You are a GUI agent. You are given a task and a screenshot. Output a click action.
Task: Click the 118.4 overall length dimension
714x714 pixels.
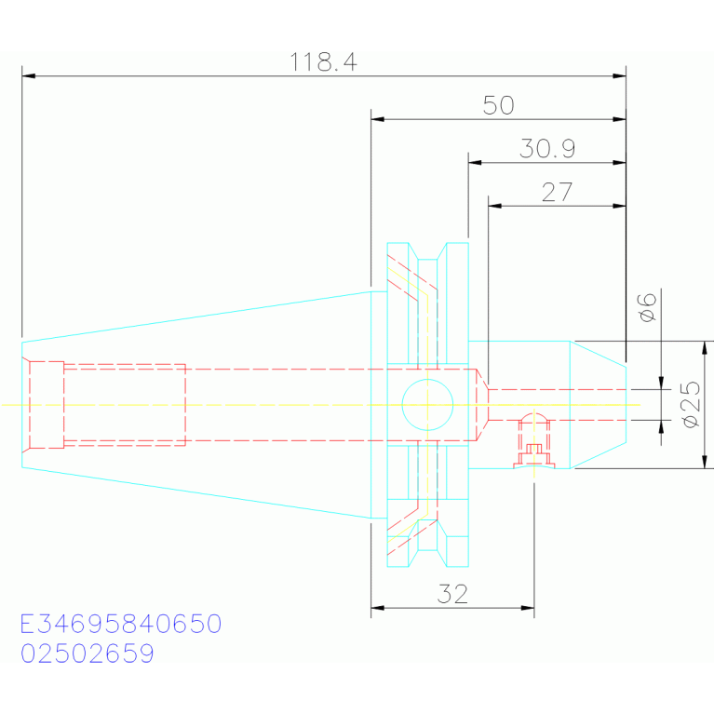pyautogui.click(x=323, y=62)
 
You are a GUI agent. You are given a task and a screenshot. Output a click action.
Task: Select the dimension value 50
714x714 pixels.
pyautogui.click(x=499, y=105)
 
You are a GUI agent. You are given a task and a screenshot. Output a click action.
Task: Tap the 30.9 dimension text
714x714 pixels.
pyautogui.click(x=547, y=148)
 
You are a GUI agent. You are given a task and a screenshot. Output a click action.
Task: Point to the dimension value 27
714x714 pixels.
pyautogui.click(x=557, y=192)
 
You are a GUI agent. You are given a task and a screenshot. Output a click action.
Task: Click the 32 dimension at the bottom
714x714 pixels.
pyautogui.click(x=452, y=594)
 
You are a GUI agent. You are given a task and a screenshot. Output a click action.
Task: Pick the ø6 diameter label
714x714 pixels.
pyautogui.click(x=648, y=307)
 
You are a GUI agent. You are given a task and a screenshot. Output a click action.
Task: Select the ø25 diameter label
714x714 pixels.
pyautogui.click(x=691, y=404)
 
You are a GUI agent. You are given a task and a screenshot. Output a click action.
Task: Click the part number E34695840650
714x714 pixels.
pyautogui.click(x=121, y=624)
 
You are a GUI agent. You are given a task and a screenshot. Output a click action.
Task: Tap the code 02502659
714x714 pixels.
pyautogui.click(x=88, y=653)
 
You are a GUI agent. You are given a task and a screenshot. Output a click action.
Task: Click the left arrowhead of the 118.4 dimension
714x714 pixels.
pyautogui.click(x=28, y=75)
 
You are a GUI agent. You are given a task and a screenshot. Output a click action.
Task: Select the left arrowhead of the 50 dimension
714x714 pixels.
pyautogui.click(x=378, y=119)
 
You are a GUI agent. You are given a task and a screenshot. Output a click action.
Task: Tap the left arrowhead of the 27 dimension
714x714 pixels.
pyautogui.click(x=494, y=206)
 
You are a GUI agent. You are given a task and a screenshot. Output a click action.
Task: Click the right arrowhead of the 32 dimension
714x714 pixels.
pyautogui.click(x=528, y=608)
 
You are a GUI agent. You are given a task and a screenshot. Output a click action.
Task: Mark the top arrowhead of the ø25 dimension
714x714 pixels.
pyautogui.click(x=705, y=347)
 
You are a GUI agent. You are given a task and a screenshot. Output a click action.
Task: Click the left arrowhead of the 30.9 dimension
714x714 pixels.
pyautogui.click(x=475, y=163)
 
